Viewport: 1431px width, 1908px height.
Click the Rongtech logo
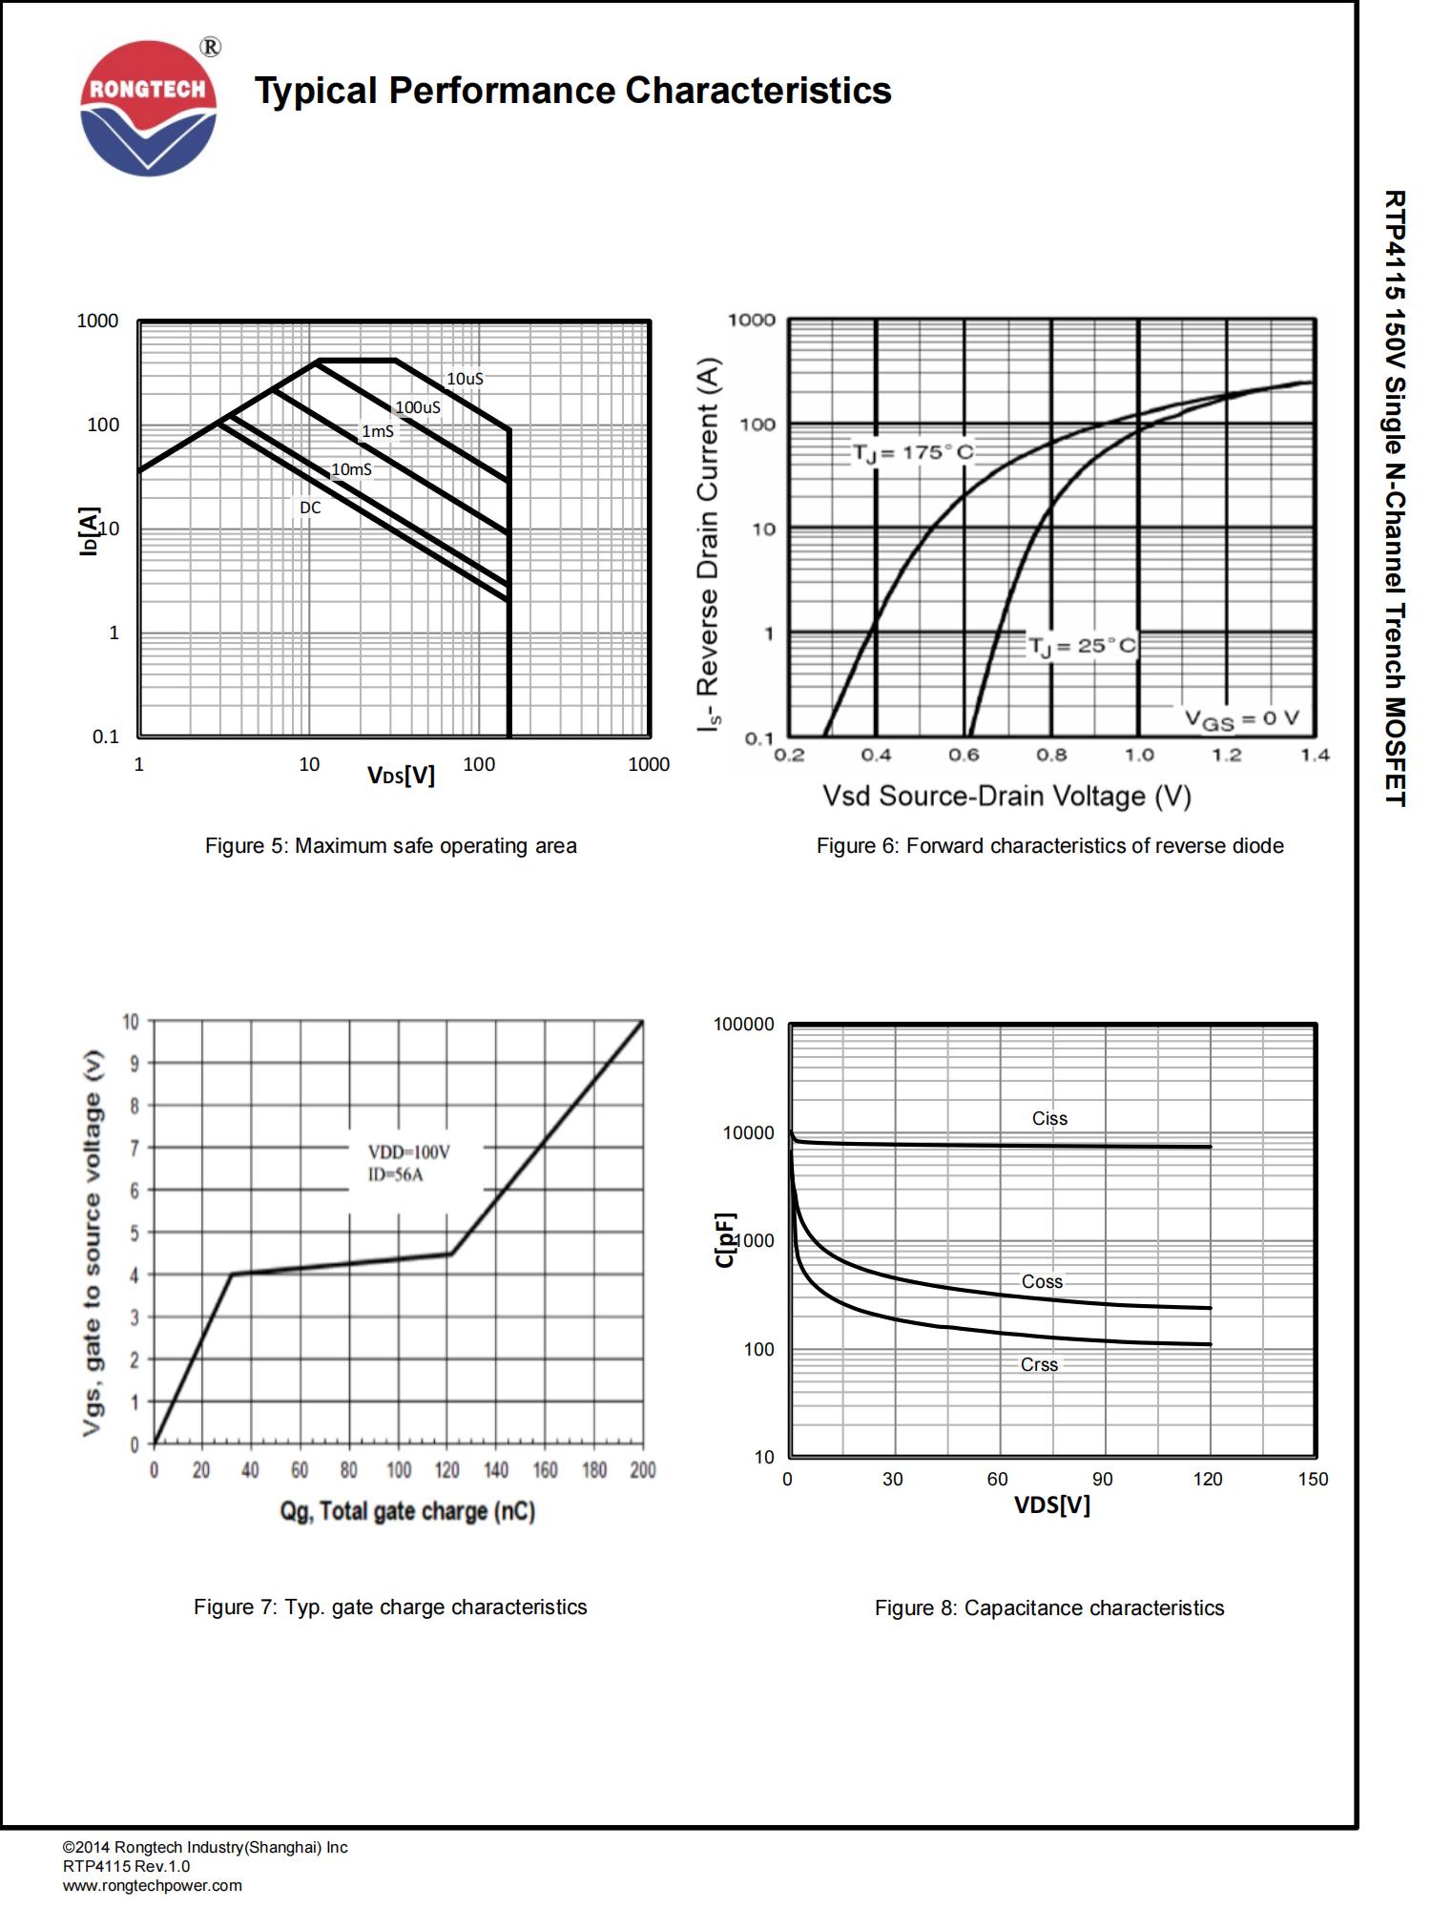[x=149, y=108]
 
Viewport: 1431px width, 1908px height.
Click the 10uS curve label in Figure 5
[x=465, y=379]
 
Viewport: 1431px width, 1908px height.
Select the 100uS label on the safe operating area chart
[x=418, y=407]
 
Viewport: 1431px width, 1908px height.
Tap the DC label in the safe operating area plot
[x=310, y=508]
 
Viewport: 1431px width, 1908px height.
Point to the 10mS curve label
[x=351, y=469]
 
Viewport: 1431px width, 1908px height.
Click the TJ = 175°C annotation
[x=913, y=452]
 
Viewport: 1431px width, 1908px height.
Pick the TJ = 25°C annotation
[x=1082, y=646]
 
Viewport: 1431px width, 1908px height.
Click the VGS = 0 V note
[x=1241, y=719]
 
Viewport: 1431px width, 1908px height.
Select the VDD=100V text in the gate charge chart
[x=409, y=1152]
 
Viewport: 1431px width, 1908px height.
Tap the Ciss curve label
[x=1049, y=1118]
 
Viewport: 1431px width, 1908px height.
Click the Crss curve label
[x=1039, y=1364]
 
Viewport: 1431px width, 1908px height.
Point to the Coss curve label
[x=1042, y=1281]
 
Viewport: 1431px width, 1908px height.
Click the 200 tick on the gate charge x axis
[x=643, y=1470]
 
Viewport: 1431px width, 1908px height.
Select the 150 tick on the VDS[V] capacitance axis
[x=1313, y=1479]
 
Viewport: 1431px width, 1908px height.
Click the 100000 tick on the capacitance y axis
[x=744, y=1025]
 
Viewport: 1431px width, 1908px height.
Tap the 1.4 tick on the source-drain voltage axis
[x=1315, y=756]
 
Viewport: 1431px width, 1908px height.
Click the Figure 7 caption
[x=390, y=1607]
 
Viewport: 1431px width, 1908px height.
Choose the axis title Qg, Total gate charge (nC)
[x=407, y=1511]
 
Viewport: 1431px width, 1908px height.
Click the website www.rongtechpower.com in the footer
[x=153, y=1885]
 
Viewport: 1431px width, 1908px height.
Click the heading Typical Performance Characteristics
[x=572, y=91]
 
